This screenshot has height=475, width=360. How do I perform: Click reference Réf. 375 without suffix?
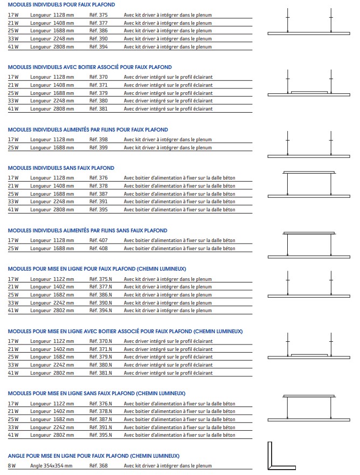(99, 16)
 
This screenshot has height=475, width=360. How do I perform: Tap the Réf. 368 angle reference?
(99, 466)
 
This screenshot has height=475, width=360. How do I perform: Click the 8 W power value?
(12, 466)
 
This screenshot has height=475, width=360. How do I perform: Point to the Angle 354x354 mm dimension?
(51, 466)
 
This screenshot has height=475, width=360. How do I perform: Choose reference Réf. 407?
(99, 240)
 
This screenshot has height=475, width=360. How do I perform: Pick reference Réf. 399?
(99, 147)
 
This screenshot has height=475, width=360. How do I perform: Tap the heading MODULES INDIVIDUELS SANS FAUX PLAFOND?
(61, 168)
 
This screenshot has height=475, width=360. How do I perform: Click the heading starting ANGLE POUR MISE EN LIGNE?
(94, 456)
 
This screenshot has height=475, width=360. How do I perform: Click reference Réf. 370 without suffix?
(99, 77)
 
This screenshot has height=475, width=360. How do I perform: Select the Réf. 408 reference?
(99, 249)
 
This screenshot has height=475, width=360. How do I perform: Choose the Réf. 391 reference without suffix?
(99, 202)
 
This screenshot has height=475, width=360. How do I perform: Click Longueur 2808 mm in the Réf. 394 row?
(52, 46)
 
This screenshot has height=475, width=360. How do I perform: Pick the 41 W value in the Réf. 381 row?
(13, 108)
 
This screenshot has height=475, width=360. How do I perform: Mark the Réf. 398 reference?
(99, 140)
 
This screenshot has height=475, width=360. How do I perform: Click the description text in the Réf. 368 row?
(168, 466)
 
